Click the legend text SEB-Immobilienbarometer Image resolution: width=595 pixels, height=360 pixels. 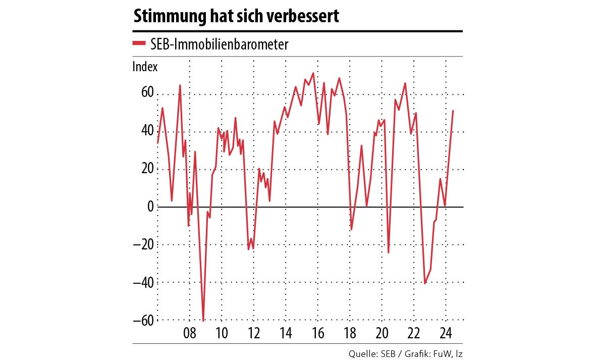click(x=219, y=44)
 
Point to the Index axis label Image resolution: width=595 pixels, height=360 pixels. click(x=145, y=67)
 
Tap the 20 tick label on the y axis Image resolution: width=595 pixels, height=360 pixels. click(x=147, y=168)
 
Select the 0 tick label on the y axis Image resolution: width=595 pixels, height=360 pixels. click(x=150, y=206)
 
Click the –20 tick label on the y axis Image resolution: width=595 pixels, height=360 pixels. click(x=143, y=244)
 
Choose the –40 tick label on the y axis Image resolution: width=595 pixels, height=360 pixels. click(x=143, y=282)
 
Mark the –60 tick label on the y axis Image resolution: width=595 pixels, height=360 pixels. click(x=143, y=320)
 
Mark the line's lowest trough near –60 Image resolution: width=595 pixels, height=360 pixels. click(x=203, y=320)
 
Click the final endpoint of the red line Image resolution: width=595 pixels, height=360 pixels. click(x=453, y=111)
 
